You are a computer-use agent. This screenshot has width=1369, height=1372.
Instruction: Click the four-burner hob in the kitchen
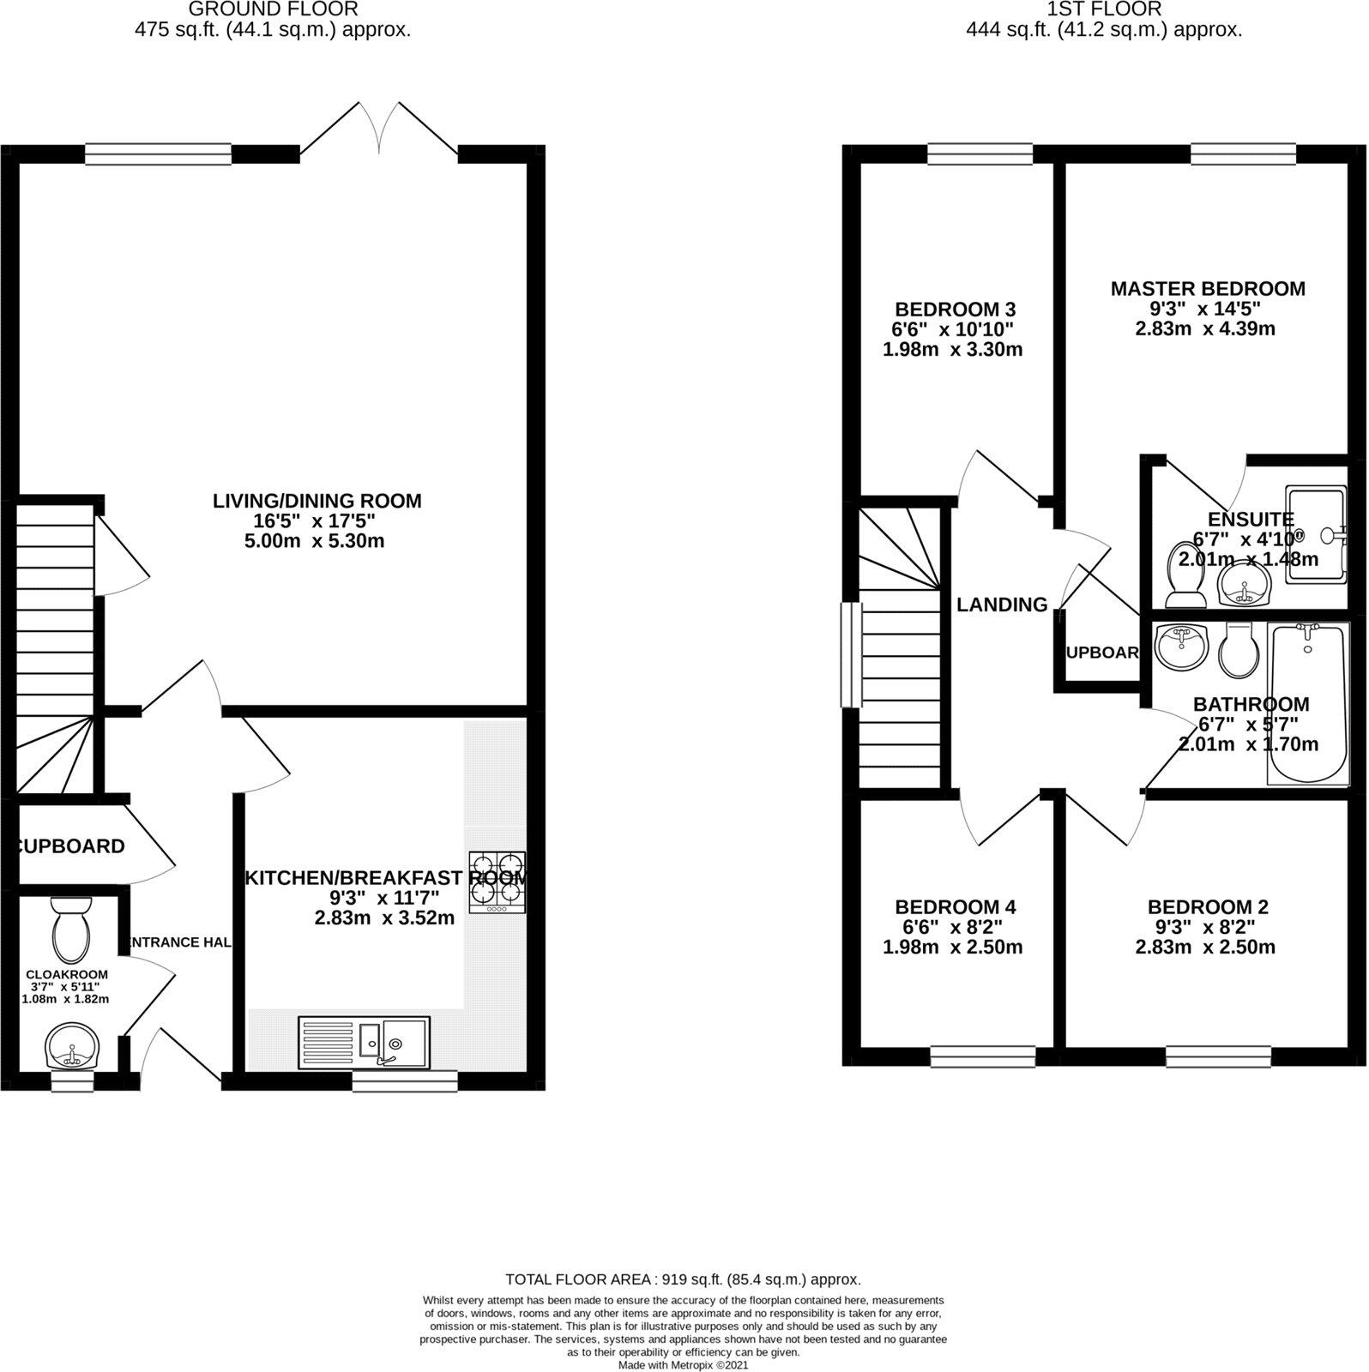pos(498,882)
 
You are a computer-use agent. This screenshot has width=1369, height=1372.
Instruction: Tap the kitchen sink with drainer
pos(365,1042)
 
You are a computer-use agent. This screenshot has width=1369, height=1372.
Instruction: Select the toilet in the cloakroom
pos(71,930)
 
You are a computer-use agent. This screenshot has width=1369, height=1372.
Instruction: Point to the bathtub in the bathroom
pos(1307,704)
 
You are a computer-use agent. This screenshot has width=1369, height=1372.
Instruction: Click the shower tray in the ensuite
pos(1317,533)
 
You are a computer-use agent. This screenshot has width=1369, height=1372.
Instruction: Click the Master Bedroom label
pos(1207,289)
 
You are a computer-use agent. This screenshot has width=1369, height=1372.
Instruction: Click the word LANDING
pos(1001,605)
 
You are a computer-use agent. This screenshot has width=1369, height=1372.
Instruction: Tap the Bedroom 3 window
pos(980,153)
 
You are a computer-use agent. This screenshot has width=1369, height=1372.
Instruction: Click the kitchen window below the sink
pos(404,1083)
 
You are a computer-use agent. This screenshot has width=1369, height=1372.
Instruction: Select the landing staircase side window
pos(851,654)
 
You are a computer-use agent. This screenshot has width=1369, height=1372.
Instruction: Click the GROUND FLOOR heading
pos(273,9)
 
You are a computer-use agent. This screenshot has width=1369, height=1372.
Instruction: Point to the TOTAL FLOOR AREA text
pos(683,1279)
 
